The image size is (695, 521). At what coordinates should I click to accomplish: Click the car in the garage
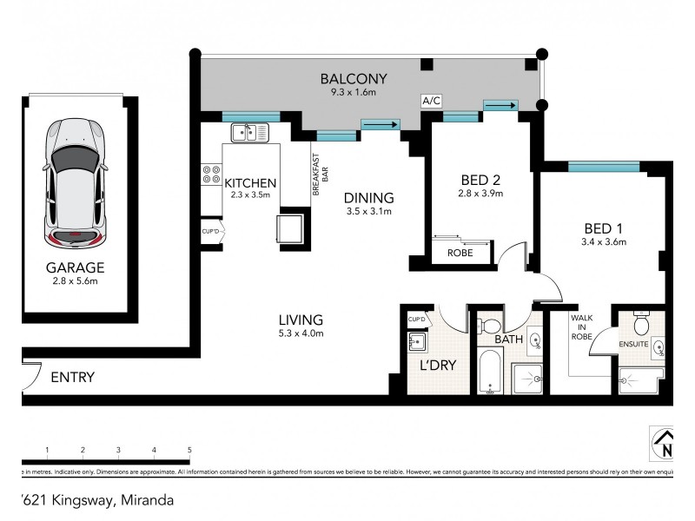(x=76, y=185)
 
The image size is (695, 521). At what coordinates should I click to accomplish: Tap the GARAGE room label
(x=76, y=268)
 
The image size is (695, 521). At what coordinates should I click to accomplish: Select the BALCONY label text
(x=353, y=78)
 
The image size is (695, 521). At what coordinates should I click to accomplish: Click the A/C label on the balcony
(x=432, y=102)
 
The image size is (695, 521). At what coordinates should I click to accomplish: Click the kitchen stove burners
(x=209, y=174)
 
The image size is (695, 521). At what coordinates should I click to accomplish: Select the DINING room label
(x=369, y=197)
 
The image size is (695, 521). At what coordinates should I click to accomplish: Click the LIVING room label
(x=301, y=319)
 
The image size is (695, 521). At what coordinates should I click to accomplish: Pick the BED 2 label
(x=481, y=181)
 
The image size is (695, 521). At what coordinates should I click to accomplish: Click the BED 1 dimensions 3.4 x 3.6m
(x=606, y=242)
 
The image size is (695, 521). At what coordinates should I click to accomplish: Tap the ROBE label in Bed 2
(x=460, y=254)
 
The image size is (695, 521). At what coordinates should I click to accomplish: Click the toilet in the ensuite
(x=642, y=324)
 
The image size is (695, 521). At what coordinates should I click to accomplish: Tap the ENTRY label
(x=72, y=378)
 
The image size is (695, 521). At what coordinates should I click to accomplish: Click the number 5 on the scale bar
(x=189, y=449)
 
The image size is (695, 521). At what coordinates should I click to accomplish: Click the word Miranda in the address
(x=146, y=500)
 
